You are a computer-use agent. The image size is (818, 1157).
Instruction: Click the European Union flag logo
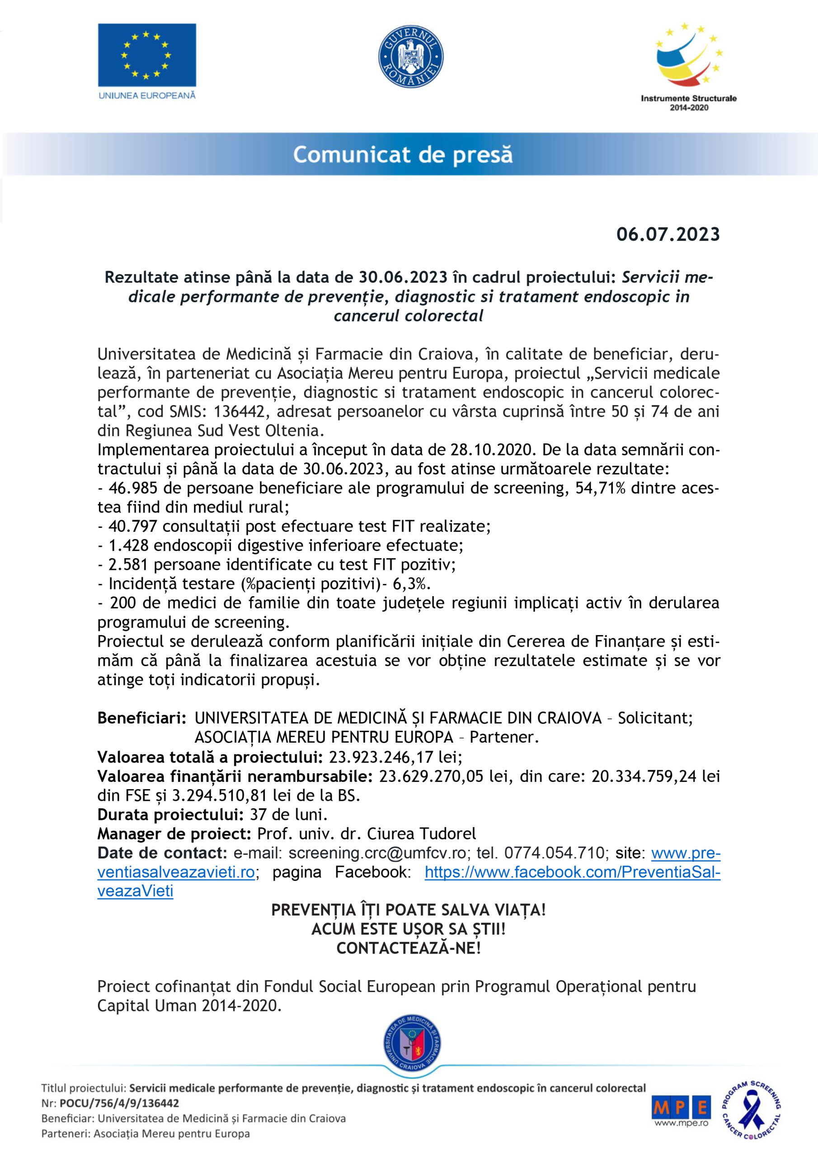(147, 55)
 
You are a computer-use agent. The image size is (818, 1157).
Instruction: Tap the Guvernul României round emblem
(411, 57)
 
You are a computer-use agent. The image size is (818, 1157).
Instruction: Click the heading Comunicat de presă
(403, 155)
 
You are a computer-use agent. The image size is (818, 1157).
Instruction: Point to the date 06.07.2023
(668, 234)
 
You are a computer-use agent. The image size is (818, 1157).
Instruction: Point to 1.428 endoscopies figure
(128, 545)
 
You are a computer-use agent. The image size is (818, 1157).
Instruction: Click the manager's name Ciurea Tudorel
(421, 833)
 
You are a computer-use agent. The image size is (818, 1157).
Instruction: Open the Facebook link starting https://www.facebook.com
(572, 872)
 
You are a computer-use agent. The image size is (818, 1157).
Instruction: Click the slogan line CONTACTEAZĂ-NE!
(408, 948)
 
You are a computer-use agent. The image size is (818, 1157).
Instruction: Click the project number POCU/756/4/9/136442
(119, 1103)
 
